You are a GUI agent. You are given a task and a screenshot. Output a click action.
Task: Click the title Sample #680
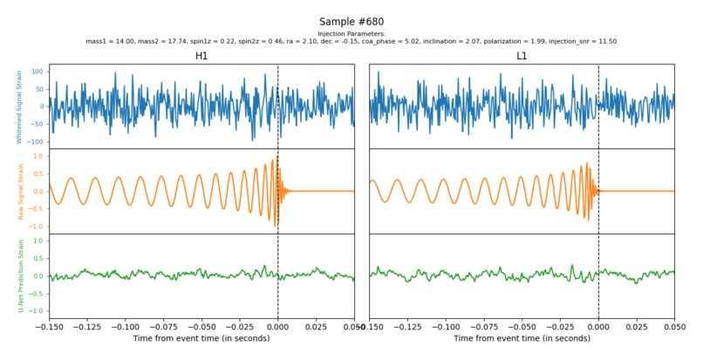click(351, 22)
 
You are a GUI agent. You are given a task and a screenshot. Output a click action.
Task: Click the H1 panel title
click(201, 56)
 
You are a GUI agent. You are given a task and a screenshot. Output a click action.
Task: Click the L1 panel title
click(522, 56)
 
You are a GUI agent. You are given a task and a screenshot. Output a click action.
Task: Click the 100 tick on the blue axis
click(38, 71)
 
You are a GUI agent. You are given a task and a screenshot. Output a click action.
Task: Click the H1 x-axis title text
click(201, 338)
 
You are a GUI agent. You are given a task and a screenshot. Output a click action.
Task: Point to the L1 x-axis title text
click(522, 338)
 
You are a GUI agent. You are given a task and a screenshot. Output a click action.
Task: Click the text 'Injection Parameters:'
click(351, 34)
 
